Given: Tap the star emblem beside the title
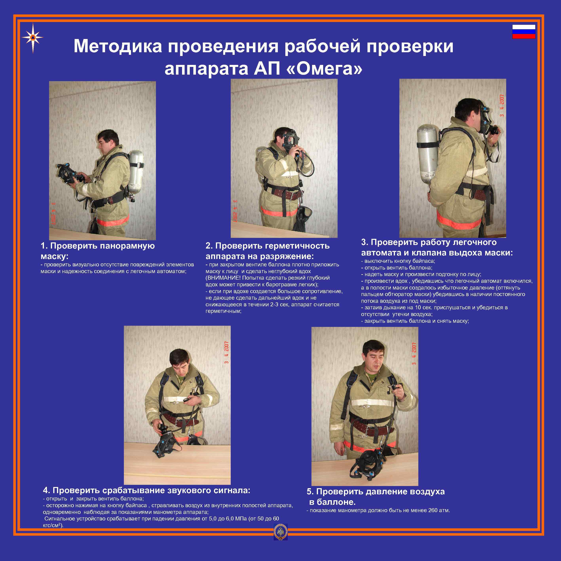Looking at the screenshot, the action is tap(32, 38).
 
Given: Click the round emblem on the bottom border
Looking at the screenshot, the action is tap(281, 532).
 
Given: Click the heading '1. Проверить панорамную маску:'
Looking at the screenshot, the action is tap(98, 251).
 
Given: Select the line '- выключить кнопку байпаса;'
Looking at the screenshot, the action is tap(398, 261).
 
